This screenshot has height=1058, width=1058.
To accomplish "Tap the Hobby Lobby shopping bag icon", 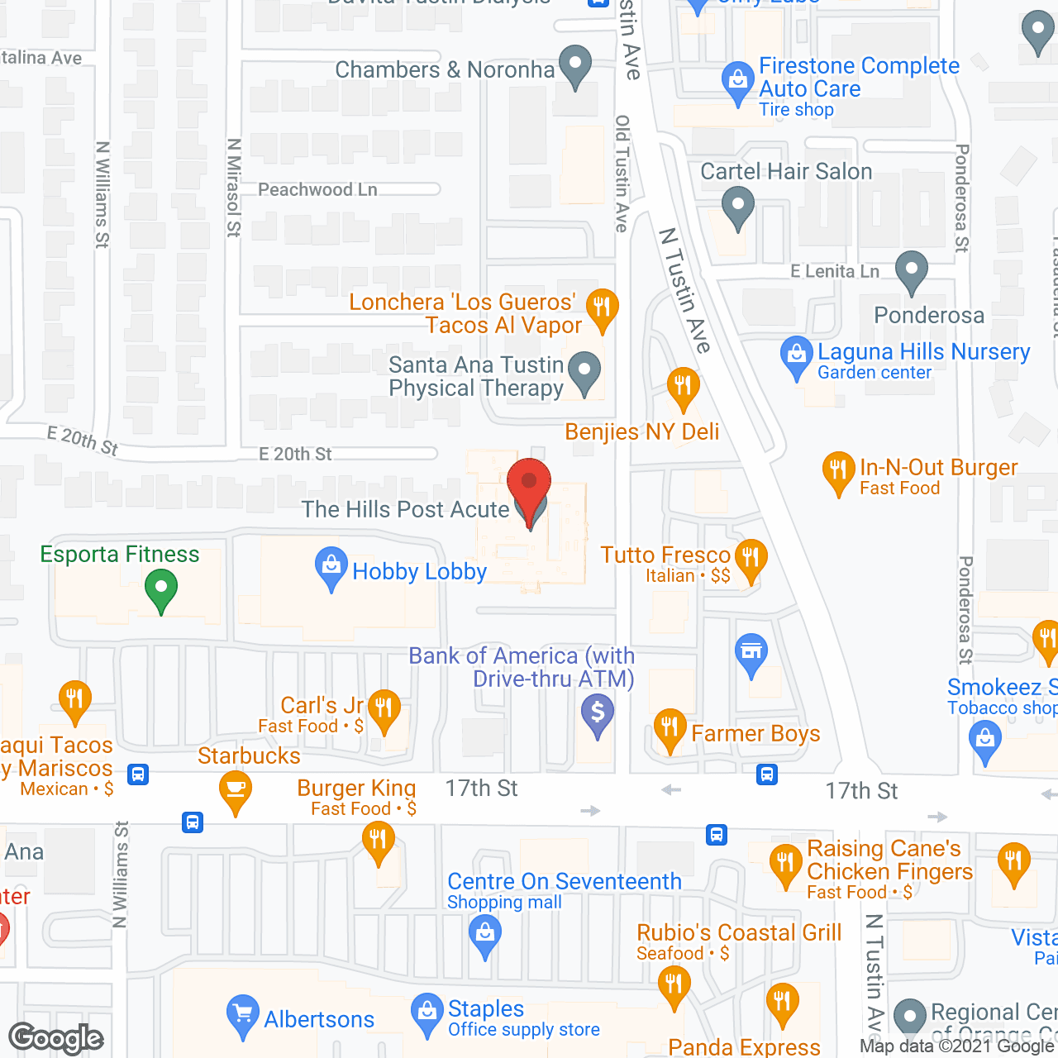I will point(331,568).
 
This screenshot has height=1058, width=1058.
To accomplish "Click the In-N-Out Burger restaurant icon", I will point(838,472).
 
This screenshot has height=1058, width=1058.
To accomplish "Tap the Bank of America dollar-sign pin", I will point(598,713).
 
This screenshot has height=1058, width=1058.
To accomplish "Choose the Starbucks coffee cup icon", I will point(236,789).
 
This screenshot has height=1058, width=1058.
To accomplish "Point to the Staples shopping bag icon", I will point(427,1013).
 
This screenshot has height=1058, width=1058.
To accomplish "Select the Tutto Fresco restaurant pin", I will point(751,559).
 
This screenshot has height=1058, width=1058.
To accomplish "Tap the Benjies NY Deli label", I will point(642,432).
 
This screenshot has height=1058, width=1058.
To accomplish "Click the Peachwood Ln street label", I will point(317,190).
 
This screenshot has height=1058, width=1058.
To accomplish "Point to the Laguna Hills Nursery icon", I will point(797,356).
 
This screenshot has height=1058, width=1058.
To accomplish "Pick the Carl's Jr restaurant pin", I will point(384,709).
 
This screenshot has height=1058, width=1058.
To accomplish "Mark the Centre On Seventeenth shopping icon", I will point(485,936).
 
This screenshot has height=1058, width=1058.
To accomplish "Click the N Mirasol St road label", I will point(234,188).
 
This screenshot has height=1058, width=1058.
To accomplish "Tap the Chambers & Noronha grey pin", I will point(575,64).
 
